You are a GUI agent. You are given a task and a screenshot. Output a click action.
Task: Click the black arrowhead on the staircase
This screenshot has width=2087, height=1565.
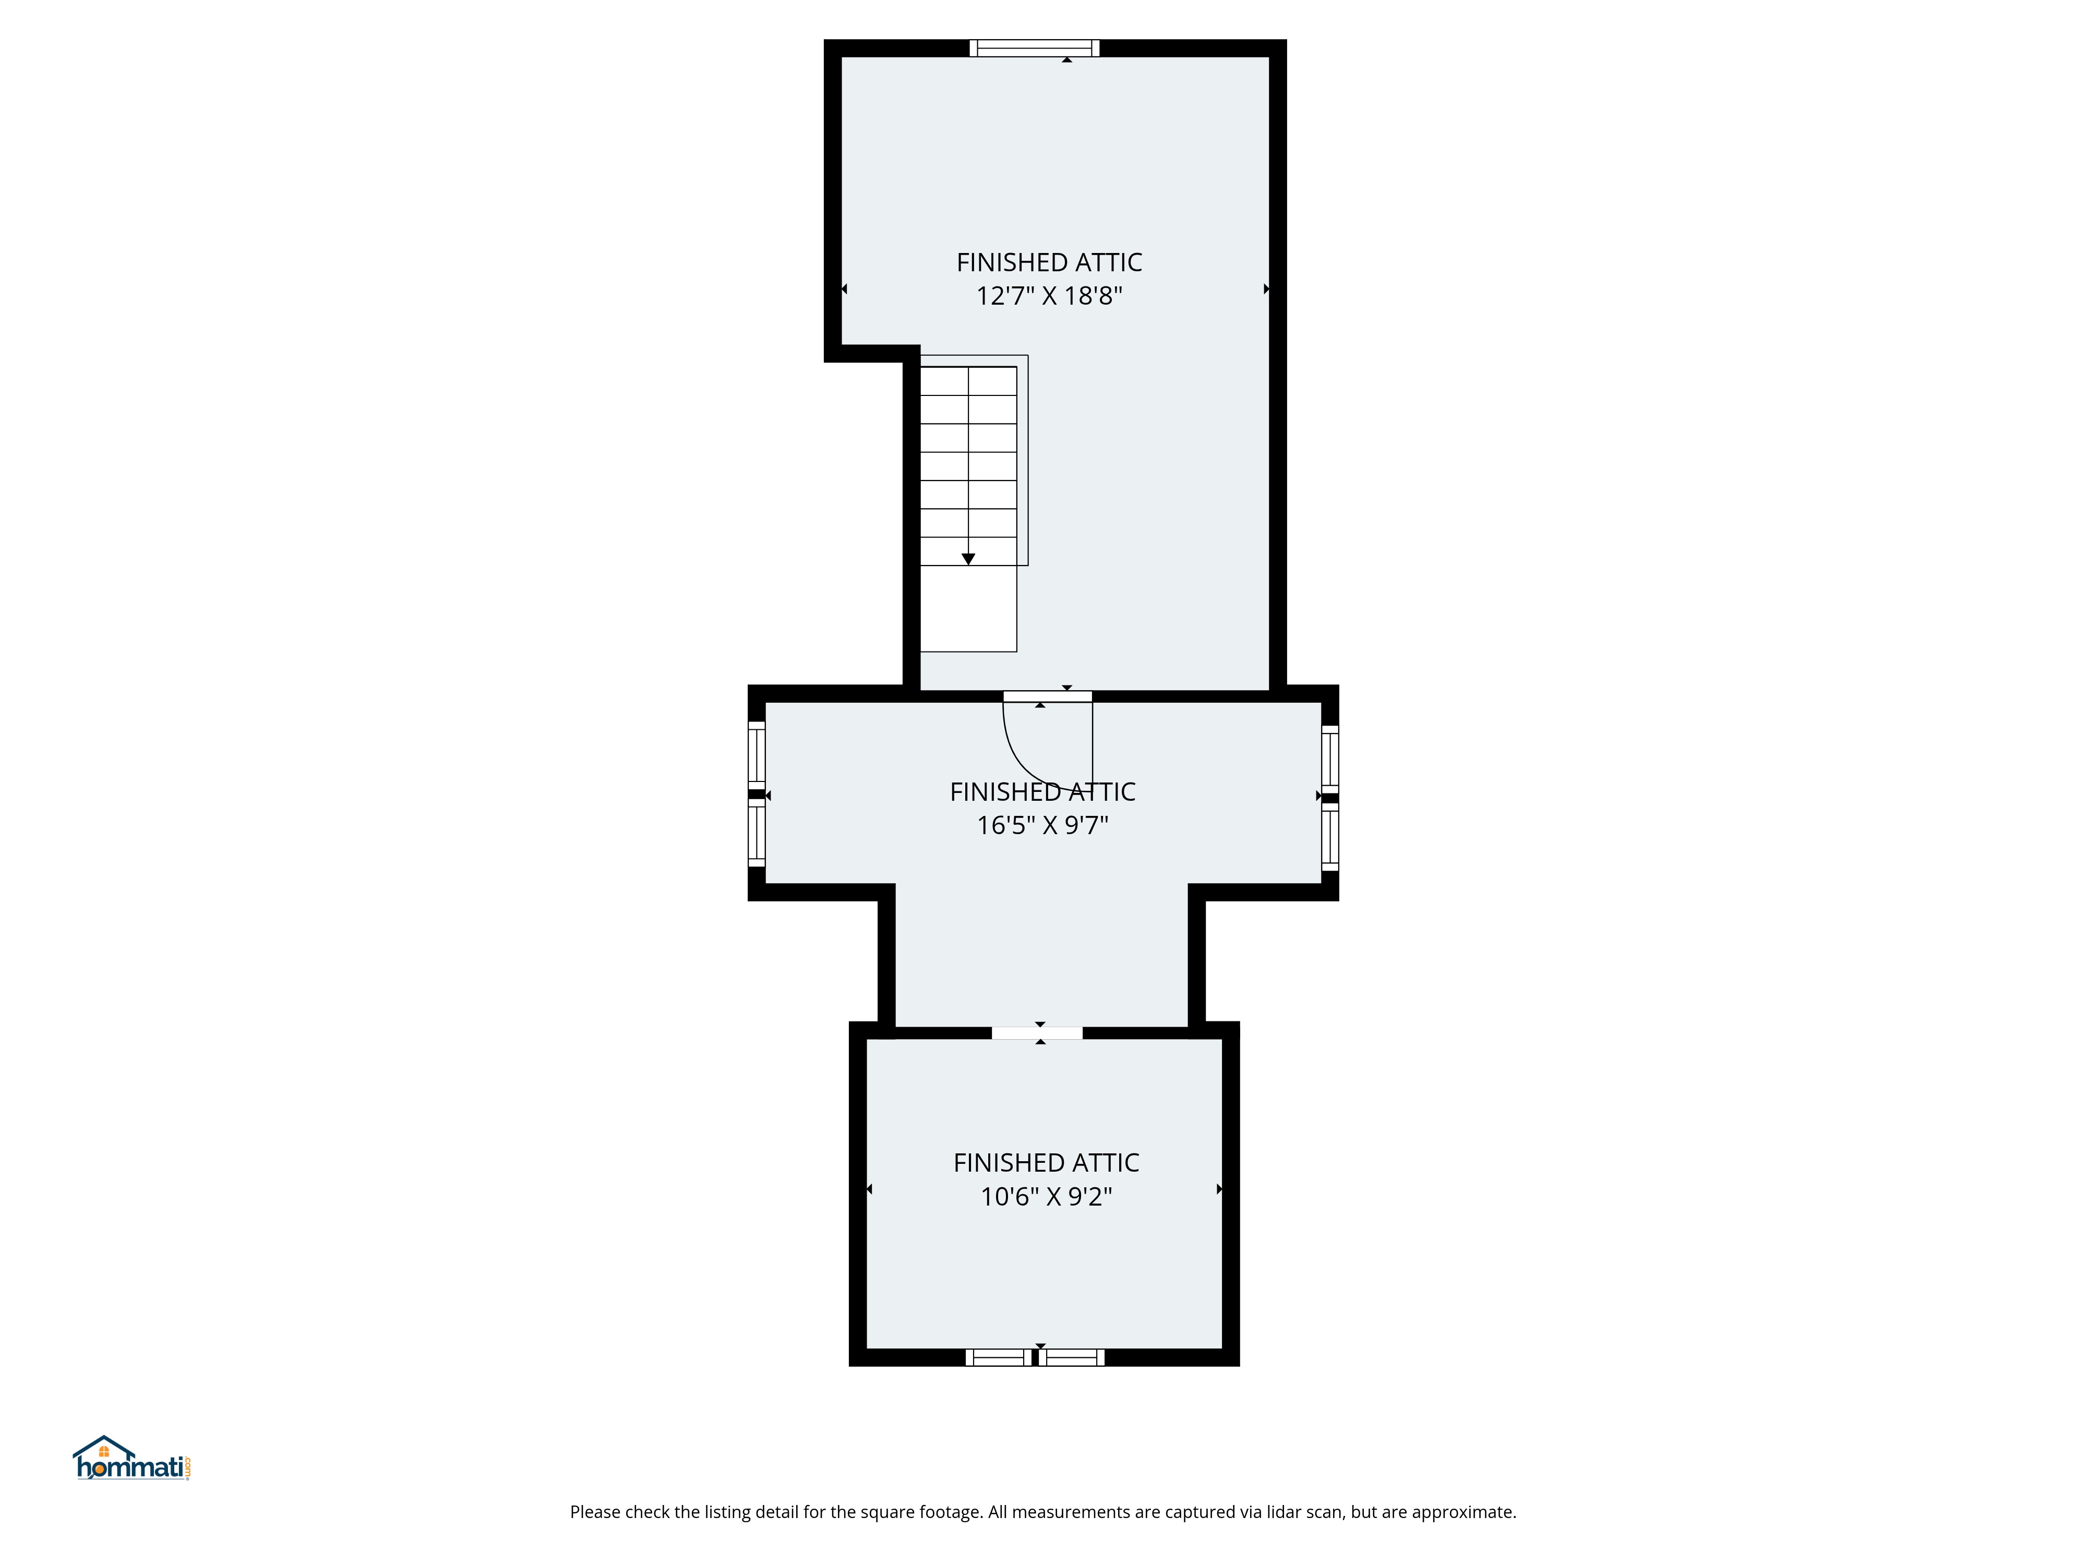click(967, 559)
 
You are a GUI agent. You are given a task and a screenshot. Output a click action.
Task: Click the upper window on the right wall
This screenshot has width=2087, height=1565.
click(1329, 757)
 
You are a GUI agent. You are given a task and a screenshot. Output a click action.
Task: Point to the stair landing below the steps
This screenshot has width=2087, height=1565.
click(967, 608)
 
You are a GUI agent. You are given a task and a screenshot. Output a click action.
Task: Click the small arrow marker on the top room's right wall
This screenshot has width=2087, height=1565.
click(1266, 288)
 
